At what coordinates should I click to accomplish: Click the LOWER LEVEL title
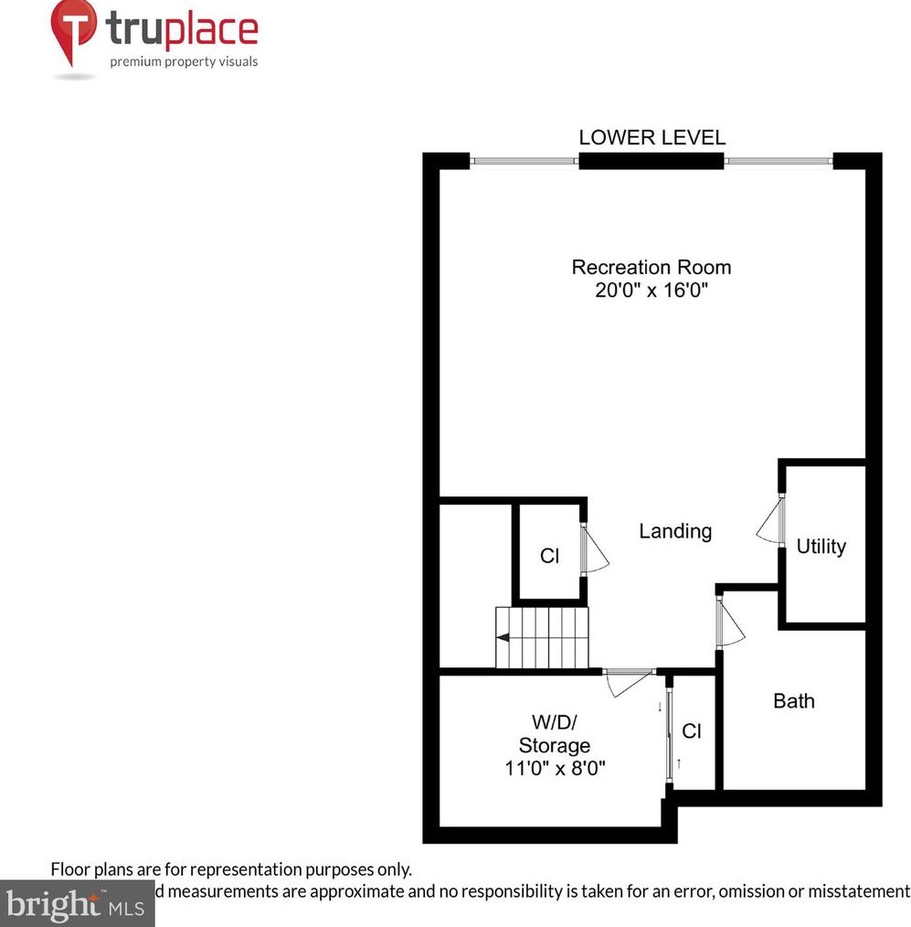click(x=651, y=138)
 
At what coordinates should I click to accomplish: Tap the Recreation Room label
click(x=651, y=268)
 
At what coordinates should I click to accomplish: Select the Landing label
click(x=675, y=531)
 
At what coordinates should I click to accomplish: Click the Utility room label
click(x=821, y=547)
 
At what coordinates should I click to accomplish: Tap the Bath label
click(x=793, y=701)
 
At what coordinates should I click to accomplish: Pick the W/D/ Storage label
click(x=554, y=734)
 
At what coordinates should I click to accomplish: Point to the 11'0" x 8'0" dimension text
click(x=555, y=768)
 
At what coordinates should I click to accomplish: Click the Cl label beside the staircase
click(x=549, y=555)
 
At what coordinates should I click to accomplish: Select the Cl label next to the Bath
click(x=692, y=731)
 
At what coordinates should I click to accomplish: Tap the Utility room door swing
click(x=770, y=522)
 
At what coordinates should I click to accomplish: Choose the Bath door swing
click(x=730, y=623)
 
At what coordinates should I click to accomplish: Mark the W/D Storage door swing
click(x=628, y=682)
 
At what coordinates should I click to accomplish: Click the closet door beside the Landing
click(x=594, y=549)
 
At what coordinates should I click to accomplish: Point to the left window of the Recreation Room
click(x=524, y=162)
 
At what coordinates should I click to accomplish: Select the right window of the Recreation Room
click(x=778, y=162)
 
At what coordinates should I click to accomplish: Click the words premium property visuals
click(x=184, y=62)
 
